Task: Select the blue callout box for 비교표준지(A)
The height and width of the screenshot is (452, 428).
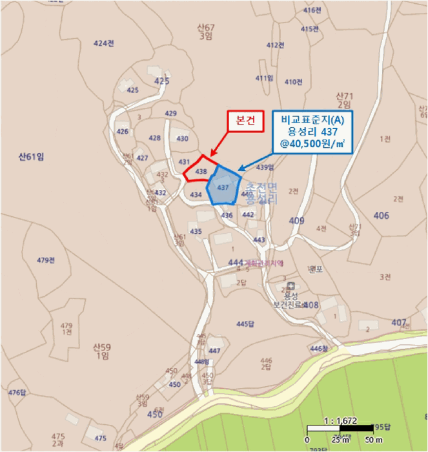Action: click(x=312, y=134)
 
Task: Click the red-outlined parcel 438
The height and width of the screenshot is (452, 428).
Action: click(x=201, y=171)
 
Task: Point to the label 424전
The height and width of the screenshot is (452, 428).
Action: click(x=103, y=43)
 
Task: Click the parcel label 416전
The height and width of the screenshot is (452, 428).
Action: click(x=312, y=10)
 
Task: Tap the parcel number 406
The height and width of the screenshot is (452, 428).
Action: click(x=382, y=215)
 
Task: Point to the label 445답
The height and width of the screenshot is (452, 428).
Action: click(x=246, y=323)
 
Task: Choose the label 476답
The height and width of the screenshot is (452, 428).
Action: click(x=17, y=393)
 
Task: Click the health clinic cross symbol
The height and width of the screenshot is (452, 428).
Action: click(x=291, y=286)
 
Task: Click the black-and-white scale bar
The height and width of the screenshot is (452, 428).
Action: click(x=340, y=428)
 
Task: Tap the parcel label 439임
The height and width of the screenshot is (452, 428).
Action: click(x=265, y=167)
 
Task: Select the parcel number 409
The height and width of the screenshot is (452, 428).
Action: click(x=296, y=221)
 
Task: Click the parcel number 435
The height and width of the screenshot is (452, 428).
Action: click(x=196, y=231)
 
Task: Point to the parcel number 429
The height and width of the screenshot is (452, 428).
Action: click(x=170, y=114)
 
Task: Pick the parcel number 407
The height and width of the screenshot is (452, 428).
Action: click(x=399, y=322)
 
